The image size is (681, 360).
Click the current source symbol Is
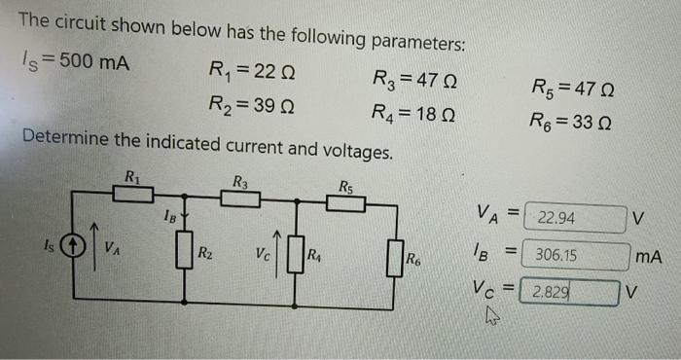(72, 246)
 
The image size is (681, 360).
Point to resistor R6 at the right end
(395, 258)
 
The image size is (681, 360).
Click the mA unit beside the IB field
(646, 257)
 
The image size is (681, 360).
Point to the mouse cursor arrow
(490, 314)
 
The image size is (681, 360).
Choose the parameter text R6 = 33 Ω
(571, 124)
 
